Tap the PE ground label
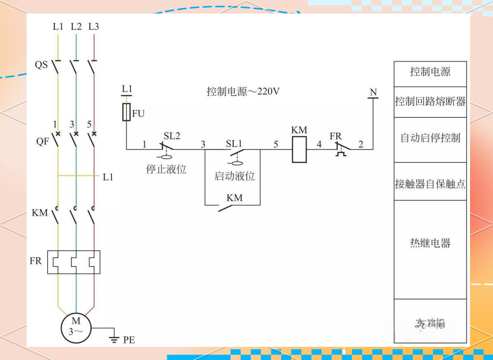(129, 340)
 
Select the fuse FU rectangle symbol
(126, 112)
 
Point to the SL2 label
(172, 136)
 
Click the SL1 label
(234, 144)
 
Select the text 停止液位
(166, 169)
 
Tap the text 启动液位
(234, 176)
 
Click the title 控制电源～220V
(243, 92)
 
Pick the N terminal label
(373, 93)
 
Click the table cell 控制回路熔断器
(430, 102)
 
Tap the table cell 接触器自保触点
(430, 184)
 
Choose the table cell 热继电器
(430, 243)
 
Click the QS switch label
(41, 65)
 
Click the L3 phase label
(94, 27)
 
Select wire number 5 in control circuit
(275, 144)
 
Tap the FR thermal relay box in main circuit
(73, 262)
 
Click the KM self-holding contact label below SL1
(235, 198)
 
